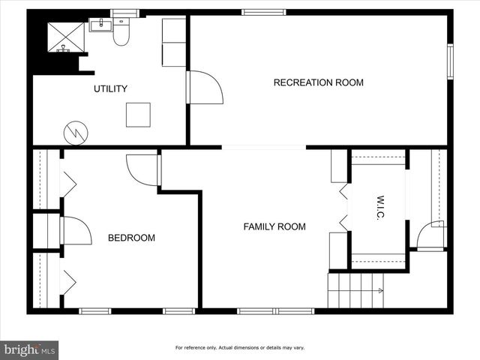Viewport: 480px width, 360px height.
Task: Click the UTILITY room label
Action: (x=110, y=89)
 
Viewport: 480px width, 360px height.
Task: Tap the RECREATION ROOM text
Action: (x=318, y=82)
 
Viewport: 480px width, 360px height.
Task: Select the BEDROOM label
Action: (x=131, y=238)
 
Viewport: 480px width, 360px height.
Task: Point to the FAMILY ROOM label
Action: (x=274, y=226)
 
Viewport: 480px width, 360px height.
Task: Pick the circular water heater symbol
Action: (x=76, y=133)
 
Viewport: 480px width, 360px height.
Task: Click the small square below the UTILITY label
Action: (x=138, y=114)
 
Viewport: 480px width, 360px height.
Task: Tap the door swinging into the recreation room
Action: (x=204, y=88)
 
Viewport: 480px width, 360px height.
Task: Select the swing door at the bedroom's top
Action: (x=142, y=169)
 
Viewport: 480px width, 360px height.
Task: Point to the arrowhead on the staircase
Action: (x=381, y=289)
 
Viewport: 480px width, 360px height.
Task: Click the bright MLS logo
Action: (x=30, y=349)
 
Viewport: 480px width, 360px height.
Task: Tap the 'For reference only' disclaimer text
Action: (x=240, y=347)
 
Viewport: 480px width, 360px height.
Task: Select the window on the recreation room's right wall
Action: (x=450, y=60)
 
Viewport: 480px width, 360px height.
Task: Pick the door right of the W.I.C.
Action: (x=431, y=235)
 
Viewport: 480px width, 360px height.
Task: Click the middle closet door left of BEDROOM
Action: (x=74, y=231)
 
